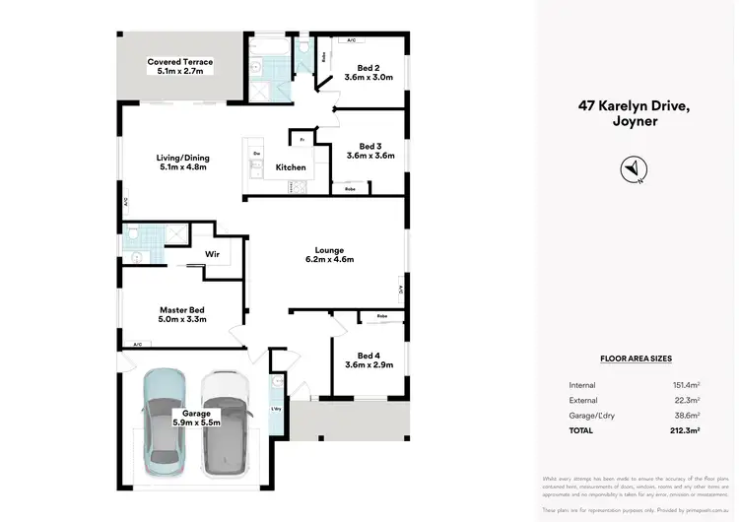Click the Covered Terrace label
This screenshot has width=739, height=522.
point(180,62)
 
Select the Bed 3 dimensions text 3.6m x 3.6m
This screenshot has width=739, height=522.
point(369,156)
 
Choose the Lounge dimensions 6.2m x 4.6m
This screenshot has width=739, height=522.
point(329,259)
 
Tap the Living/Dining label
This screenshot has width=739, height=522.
point(182,158)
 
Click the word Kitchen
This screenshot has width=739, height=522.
point(291,167)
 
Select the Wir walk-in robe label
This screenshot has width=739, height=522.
point(211,254)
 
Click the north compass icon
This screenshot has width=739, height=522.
point(631,169)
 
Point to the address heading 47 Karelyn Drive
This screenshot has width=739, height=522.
point(631,111)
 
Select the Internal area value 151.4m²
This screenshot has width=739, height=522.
point(686,384)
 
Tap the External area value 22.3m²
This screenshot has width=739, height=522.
point(688,401)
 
